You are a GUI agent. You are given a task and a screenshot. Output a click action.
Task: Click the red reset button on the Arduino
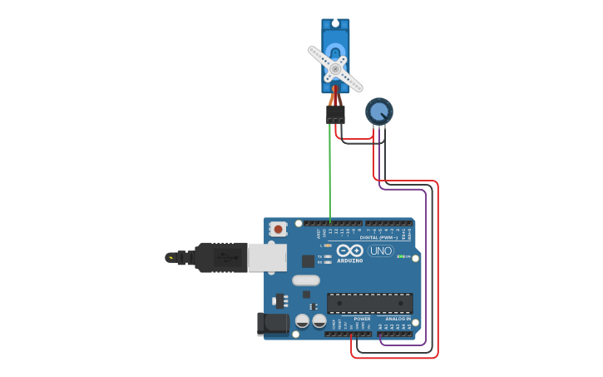[278, 228]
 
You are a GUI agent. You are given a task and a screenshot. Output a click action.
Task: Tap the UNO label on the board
[380, 251]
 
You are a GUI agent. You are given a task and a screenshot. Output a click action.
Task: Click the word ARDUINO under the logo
[350, 260]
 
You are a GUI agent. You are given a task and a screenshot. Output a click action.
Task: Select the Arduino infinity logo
[350, 251]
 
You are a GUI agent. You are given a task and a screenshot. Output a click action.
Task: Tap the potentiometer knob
[378, 111]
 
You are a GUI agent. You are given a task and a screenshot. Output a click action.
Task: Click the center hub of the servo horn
[334, 68]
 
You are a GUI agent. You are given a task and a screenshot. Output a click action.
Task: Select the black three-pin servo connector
[335, 114]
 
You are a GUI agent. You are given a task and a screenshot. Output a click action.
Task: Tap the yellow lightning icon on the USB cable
[171, 258]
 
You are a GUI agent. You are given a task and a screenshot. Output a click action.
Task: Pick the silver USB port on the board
[267, 257]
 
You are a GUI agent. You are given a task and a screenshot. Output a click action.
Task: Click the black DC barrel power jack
[273, 324]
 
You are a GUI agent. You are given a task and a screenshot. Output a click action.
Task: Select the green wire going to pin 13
[329, 175]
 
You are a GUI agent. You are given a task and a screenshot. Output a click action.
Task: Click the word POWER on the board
[362, 319]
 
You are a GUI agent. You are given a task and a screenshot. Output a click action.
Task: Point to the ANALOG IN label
[397, 319]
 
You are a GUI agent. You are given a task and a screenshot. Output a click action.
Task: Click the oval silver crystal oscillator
[306, 280]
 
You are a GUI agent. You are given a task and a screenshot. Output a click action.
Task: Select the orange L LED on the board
[328, 246]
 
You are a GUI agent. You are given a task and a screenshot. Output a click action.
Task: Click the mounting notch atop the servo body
[335, 22]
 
